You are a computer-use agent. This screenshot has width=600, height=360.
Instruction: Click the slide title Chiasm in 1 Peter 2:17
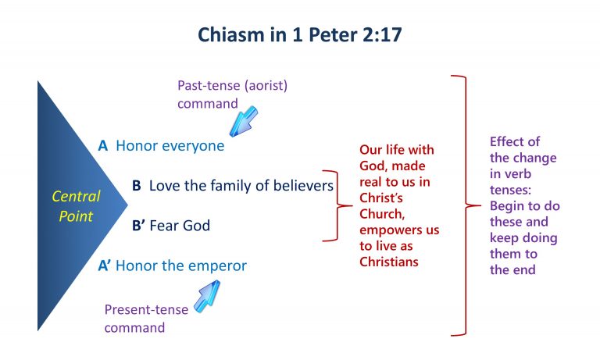pos(300,36)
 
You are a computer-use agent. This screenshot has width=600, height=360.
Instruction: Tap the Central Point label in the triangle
pos(77,206)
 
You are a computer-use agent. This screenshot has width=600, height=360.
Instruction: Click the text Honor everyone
pos(170,145)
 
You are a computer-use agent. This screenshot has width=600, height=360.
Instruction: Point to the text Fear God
pos(179,226)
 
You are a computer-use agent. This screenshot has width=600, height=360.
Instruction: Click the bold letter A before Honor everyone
pos(102,145)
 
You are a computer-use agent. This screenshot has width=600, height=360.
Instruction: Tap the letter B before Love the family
pos(136,186)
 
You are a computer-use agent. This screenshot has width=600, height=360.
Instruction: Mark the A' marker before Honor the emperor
pos(105,266)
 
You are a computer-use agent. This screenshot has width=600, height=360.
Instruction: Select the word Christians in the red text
pos(389,262)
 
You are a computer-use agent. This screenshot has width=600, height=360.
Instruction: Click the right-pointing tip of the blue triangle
pos(125,206)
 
